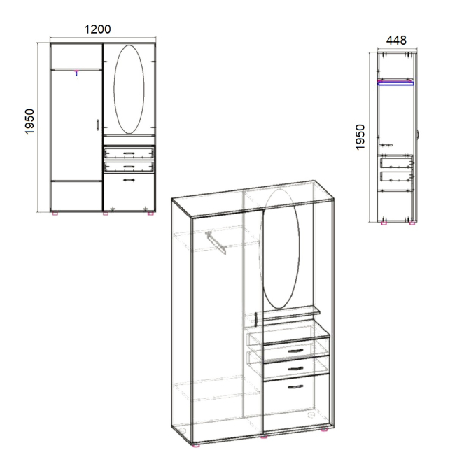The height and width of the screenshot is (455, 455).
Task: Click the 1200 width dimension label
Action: point(97,29)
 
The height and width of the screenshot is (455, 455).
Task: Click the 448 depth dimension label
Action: point(396,41)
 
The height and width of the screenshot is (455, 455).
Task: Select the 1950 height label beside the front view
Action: point(30,122)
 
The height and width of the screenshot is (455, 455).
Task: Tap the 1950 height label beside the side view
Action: point(360,137)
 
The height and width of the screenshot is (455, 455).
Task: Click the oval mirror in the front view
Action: point(129,89)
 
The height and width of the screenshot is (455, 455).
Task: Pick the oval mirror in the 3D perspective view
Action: point(279,249)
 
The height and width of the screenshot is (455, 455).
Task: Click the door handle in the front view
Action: point(97,125)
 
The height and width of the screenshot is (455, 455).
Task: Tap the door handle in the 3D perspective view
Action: point(256,319)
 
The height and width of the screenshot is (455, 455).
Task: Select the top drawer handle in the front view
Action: point(129,153)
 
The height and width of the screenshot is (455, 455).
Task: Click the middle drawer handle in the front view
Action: point(129,167)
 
